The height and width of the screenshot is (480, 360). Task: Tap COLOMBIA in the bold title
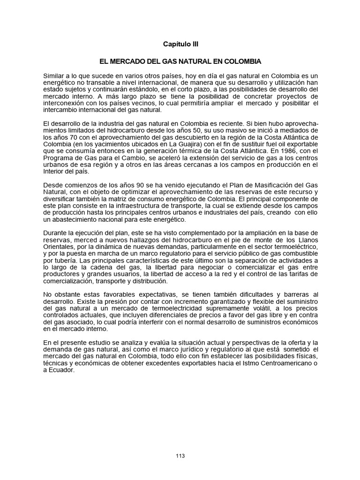pos(243,61)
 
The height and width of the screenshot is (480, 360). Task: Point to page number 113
pos(180,456)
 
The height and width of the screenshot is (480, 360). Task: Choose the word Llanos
pos(307,240)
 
